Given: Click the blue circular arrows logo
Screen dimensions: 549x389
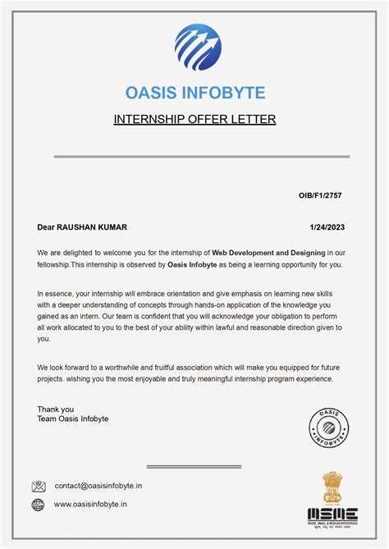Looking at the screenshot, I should tap(198, 48).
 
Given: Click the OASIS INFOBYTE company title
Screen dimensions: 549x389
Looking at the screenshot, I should tap(194, 93).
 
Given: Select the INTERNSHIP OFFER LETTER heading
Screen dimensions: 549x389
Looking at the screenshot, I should tap(194, 120).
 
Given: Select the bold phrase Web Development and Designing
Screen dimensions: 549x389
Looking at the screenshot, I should tap(268, 252).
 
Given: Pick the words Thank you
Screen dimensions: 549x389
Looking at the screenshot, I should tap(55, 409).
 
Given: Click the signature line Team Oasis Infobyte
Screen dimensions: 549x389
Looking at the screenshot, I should tap(73, 419).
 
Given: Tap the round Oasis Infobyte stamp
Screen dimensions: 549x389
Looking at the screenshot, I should tap(328, 427).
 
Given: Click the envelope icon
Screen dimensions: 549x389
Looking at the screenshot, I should tap(39, 486).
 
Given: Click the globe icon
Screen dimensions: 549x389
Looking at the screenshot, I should tap(39, 505).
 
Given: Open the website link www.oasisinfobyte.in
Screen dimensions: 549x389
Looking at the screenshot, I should tap(90, 505).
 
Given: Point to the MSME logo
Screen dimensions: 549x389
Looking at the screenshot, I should tap(332, 515).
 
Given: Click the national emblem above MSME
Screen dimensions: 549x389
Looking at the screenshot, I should tap(332, 487).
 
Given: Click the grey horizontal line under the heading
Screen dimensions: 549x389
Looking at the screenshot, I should tap(202, 156).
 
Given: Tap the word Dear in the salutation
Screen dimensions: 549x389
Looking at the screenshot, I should tap(46, 226).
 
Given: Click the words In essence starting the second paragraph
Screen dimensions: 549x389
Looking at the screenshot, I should tap(54, 293).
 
